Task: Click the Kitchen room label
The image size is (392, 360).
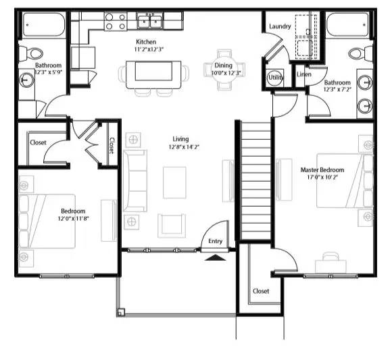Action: [x=147, y=41]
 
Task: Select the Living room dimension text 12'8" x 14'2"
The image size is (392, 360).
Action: [x=184, y=147]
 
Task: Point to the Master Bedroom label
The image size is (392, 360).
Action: [x=322, y=170]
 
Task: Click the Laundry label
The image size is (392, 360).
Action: [x=280, y=26]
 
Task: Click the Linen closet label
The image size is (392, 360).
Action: [x=303, y=74]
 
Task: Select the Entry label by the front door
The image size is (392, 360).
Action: [x=215, y=241]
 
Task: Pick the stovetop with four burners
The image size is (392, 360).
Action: [x=115, y=22]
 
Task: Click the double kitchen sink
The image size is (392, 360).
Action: [x=150, y=22]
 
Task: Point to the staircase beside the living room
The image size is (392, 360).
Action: [x=255, y=179]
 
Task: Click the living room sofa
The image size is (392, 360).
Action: [x=134, y=180]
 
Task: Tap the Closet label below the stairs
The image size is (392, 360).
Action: [x=261, y=291]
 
